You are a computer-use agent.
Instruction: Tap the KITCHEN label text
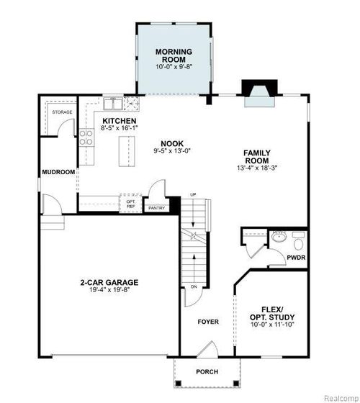pyautogui.click(x=120, y=121)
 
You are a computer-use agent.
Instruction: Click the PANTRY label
pyautogui.click(x=156, y=209)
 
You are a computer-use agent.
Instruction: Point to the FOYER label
pyautogui.click(x=208, y=321)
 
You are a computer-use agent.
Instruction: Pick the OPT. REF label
pyautogui.click(x=131, y=204)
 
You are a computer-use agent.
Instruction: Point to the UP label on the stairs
pyautogui.click(x=192, y=195)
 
